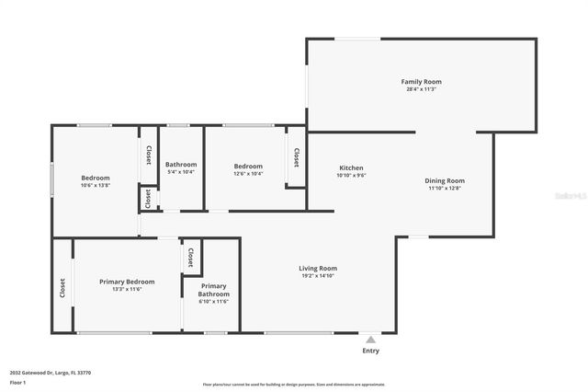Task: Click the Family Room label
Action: pos(421,82)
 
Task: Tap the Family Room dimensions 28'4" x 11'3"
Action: pos(421,89)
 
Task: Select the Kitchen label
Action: pos(351,167)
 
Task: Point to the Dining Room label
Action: pos(445,180)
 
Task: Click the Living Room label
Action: pos(318,268)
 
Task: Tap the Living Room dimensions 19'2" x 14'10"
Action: pos(318,275)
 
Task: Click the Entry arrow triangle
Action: pos(370,340)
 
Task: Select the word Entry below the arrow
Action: pos(370,351)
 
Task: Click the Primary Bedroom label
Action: pos(127,282)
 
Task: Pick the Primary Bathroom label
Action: pos(214,290)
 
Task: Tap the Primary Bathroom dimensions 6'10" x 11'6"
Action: pos(214,301)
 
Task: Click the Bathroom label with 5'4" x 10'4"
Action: pos(181,165)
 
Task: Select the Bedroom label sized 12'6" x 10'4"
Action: pos(248,166)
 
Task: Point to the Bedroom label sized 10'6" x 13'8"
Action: pos(96,178)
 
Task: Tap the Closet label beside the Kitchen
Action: pos(296,158)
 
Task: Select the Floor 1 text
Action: pos(17,382)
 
